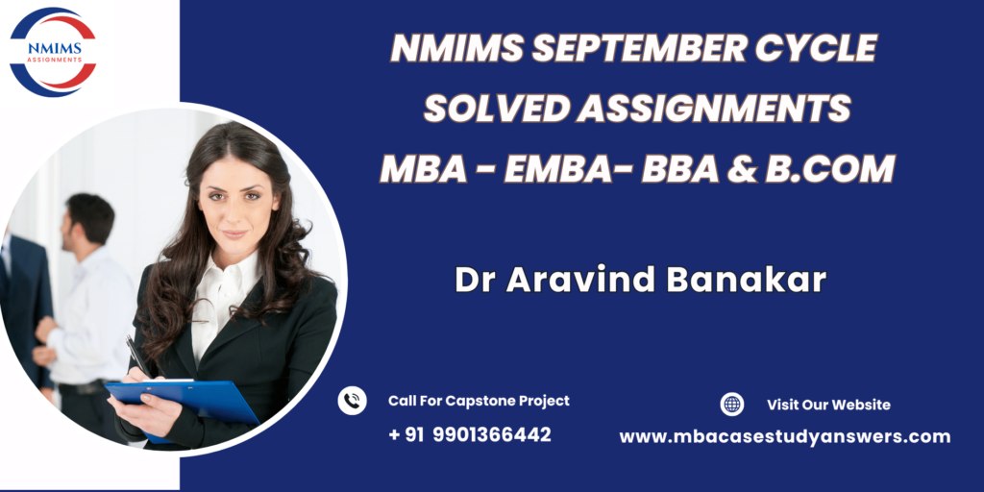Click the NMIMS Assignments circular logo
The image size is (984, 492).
(54, 52)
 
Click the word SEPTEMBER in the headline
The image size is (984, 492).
(638, 48)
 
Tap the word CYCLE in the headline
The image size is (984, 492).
(815, 48)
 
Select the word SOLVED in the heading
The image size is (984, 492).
(495, 109)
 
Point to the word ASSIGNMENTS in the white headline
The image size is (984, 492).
(714, 109)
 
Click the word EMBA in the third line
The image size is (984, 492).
(556, 169)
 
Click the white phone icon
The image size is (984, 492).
(352, 401)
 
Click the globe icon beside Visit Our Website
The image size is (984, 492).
(731, 405)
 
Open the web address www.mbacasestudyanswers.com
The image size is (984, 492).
(784, 437)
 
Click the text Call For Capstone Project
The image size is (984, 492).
(479, 401)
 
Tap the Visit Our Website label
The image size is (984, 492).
(828, 405)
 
